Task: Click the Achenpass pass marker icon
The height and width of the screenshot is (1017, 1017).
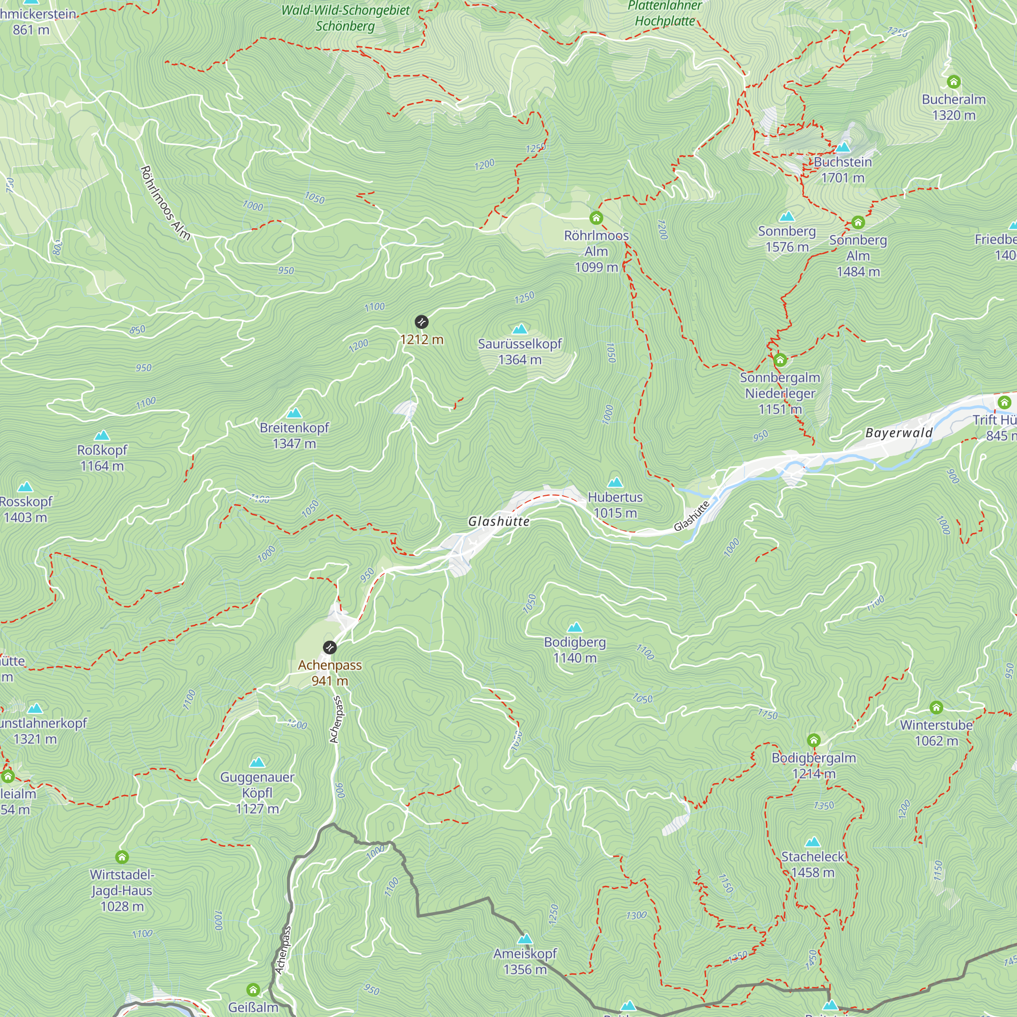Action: [330, 647]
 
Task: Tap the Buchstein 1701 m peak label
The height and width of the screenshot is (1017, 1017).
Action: [843, 169]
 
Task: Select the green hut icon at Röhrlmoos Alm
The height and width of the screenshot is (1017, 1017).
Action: [596, 218]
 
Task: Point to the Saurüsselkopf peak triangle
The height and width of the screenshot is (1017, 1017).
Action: [520, 329]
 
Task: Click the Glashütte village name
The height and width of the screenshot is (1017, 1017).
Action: [498, 521]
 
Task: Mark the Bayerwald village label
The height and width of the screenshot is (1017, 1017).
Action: [899, 433]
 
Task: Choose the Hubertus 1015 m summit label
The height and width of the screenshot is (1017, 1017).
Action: [615, 504]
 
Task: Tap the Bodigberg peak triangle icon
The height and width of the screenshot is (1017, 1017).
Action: [575, 627]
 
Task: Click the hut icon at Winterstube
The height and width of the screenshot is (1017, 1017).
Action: [936, 707]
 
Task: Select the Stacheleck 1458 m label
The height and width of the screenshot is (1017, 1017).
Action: [813, 864]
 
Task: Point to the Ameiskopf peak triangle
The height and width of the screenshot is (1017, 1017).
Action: [525, 939]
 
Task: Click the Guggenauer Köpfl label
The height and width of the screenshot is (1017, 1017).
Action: [257, 792]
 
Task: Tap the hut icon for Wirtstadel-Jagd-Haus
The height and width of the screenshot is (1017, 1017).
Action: [122, 857]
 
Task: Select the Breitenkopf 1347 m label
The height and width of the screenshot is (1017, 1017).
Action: [294, 435]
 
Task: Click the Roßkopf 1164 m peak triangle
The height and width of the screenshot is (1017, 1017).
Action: [102, 435]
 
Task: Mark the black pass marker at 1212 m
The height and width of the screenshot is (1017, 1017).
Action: [422, 322]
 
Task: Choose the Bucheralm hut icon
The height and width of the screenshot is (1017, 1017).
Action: [954, 81]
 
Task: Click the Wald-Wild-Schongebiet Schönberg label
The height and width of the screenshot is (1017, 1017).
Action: [345, 18]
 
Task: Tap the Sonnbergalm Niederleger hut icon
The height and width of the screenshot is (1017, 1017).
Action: [780, 360]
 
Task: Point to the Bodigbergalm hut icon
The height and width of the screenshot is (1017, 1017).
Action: [814, 741]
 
